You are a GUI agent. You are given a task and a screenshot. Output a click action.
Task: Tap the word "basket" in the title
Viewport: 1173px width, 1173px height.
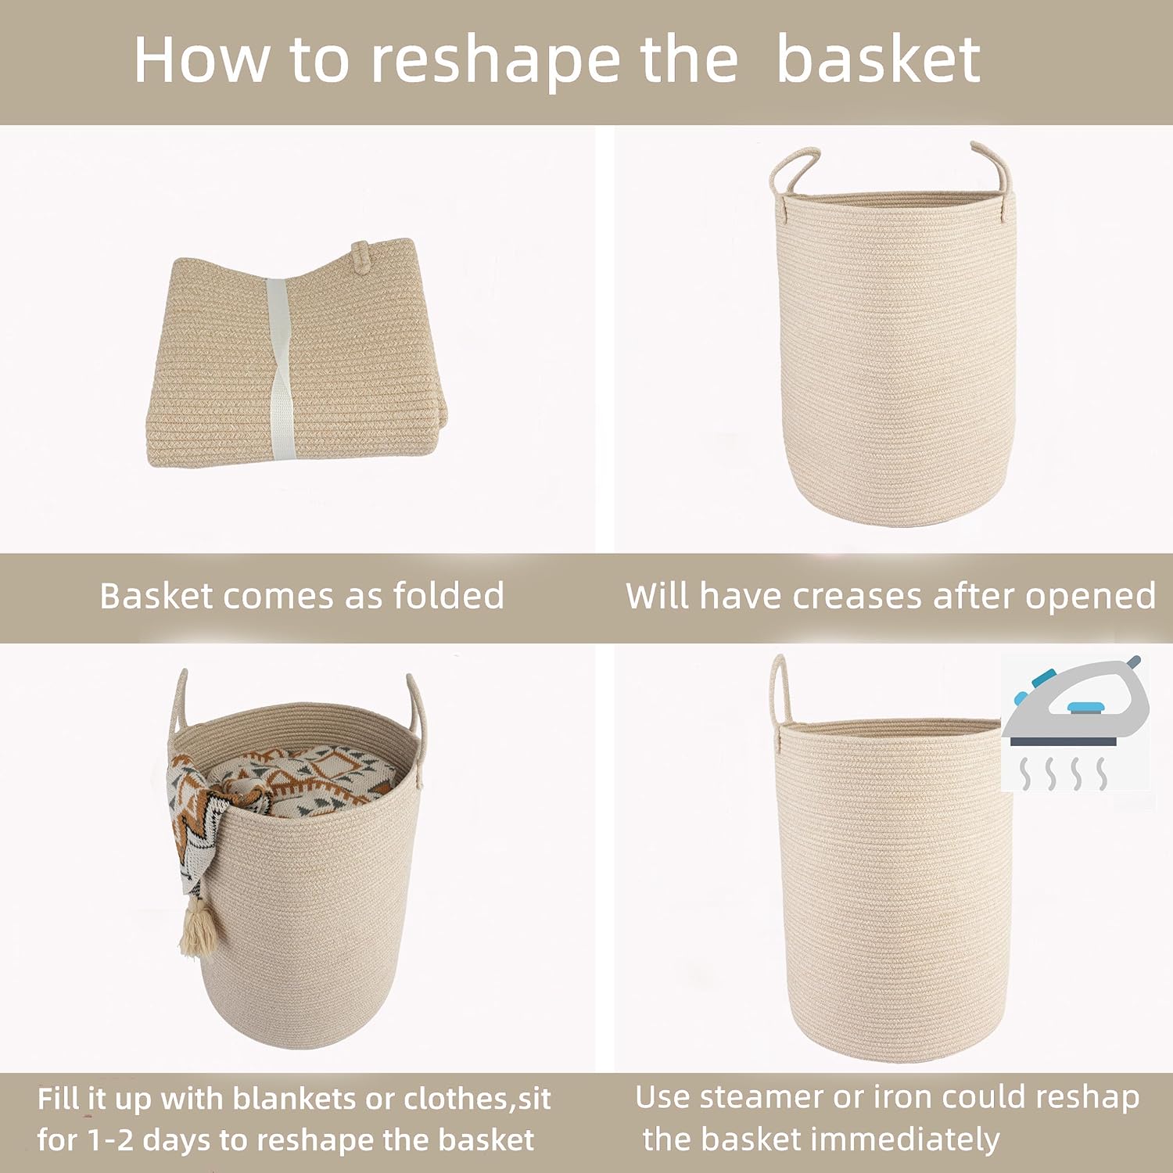878,61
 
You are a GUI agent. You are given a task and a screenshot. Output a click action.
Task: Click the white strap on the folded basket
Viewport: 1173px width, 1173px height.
278,368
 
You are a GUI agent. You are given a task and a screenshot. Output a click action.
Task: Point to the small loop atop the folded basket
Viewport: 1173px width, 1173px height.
361,256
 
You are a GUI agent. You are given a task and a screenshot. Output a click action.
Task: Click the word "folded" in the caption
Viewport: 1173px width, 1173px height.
448,596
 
